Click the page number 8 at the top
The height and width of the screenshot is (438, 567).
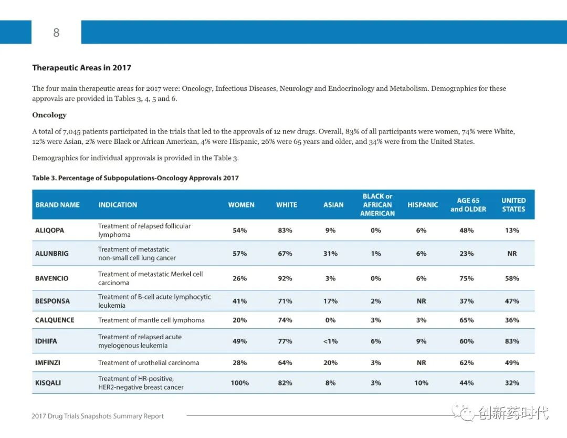(x=56, y=33)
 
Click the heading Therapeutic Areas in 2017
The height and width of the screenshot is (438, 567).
(x=81, y=68)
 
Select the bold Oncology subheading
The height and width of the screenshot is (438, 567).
(x=49, y=115)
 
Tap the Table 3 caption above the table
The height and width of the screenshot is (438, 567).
(x=135, y=178)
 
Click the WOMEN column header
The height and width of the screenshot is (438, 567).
(x=241, y=205)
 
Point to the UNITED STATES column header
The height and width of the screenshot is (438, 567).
(x=513, y=205)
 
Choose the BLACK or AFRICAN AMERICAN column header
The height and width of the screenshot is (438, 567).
(x=377, y=205)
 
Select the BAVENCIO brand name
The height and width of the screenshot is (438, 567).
(x=51, y=278)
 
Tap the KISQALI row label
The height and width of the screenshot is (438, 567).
(x=48, y=383)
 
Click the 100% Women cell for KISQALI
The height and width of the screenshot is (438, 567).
(x=240, y=383)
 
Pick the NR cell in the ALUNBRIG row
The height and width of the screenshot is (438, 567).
(x=512, y=254)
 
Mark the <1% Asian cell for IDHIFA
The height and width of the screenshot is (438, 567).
(x=330, y=341)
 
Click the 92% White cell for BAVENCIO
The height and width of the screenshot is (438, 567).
(x=285, y=278)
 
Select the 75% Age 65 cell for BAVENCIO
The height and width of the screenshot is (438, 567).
(x=466, y=278)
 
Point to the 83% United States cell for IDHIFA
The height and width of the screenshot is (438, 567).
(x=512, y=341)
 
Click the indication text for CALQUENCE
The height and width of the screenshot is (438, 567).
(x=151, y=320)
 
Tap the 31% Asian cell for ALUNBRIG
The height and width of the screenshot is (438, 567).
(x=330, y=254)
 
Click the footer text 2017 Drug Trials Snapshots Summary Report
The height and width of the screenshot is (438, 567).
(x=98, y=416)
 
